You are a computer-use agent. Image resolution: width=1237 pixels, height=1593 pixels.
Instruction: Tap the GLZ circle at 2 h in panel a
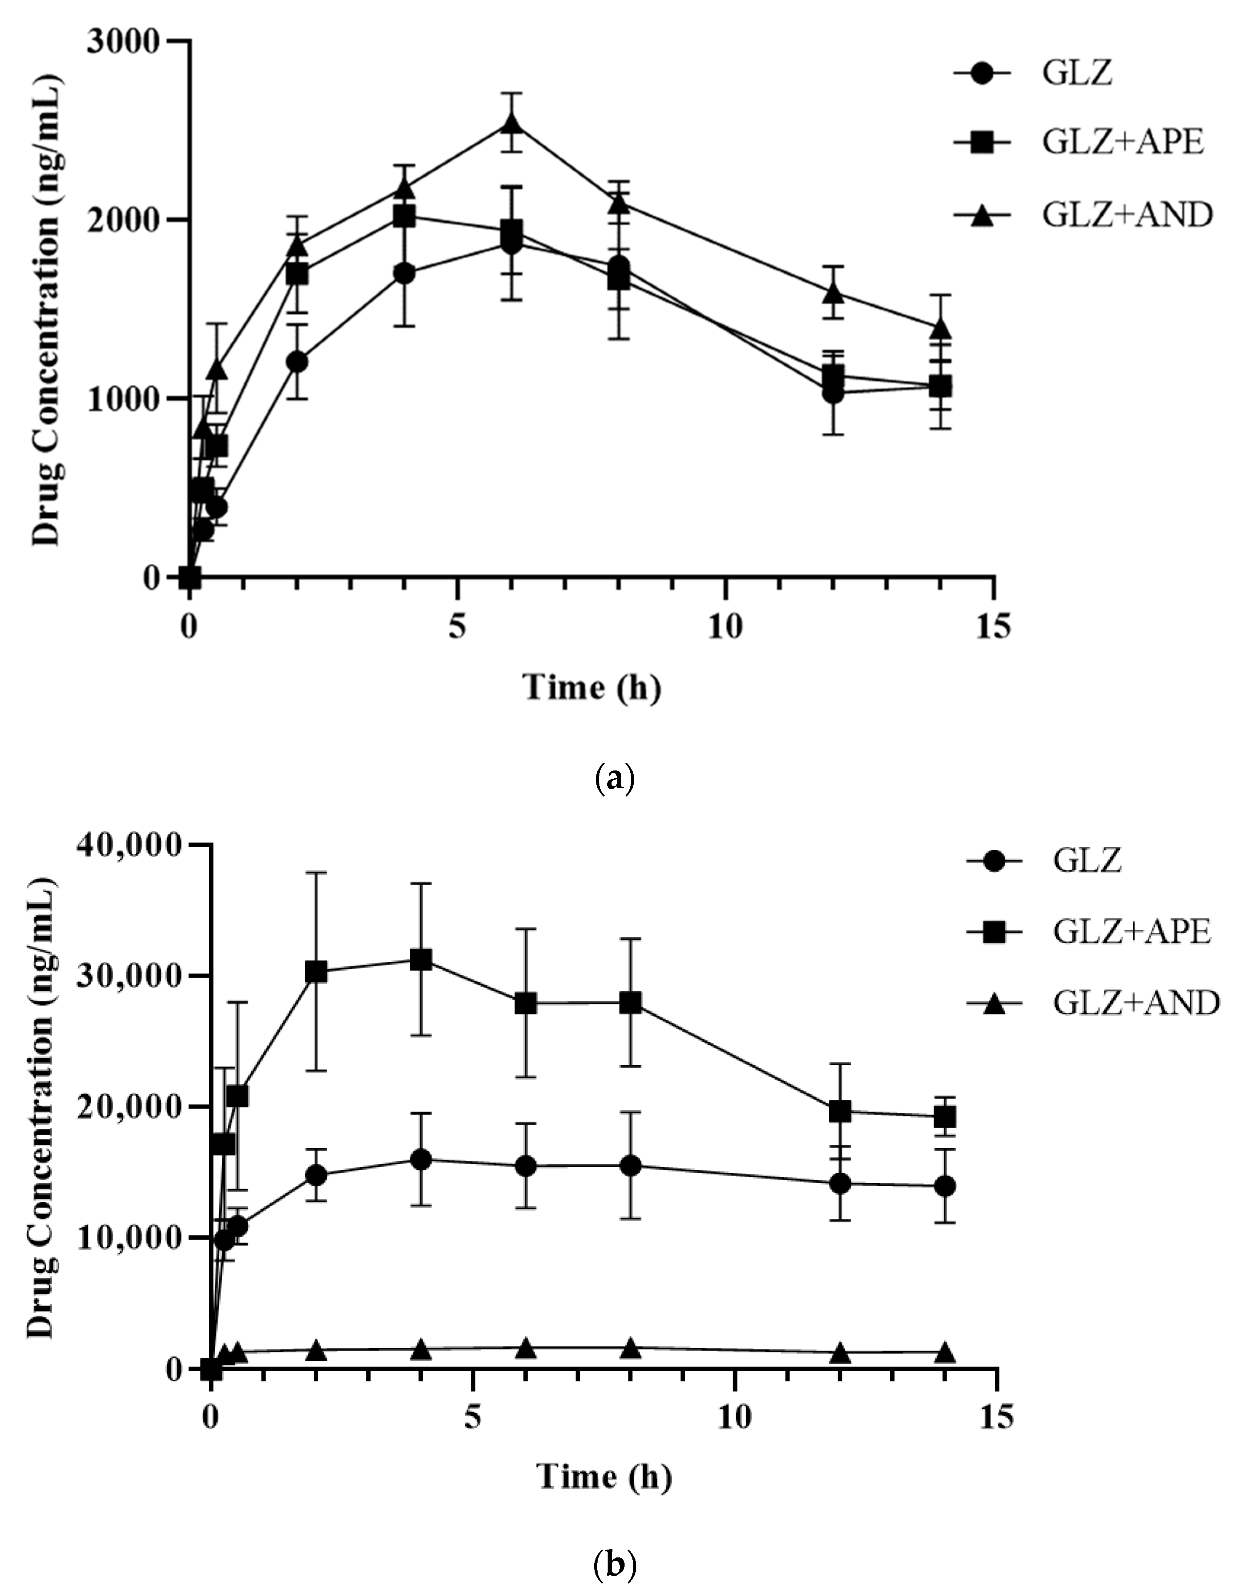click(297, 362)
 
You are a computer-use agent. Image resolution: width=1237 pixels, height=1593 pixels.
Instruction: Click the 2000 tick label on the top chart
click(122, 220)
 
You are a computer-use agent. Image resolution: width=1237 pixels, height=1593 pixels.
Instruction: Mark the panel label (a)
click(615, 780)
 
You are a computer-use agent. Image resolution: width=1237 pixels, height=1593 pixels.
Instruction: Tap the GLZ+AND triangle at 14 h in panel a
click(941, 328)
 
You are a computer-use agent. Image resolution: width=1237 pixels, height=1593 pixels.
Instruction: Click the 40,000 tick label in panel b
click(129, 846)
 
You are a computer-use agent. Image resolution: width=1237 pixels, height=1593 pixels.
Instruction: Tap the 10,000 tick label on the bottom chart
click(129, 1238)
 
